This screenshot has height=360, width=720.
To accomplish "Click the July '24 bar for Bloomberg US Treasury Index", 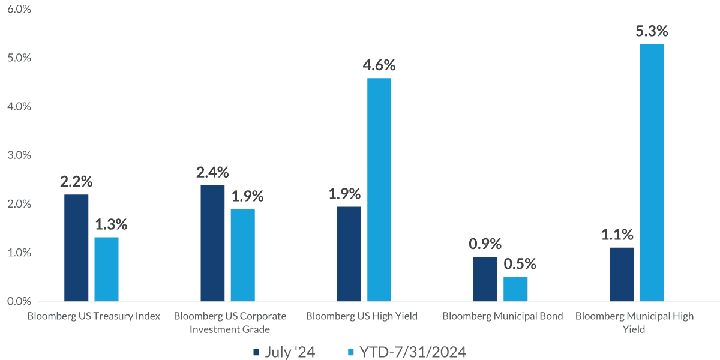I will click(x=76, y=247).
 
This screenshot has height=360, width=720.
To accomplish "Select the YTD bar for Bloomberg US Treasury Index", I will click(x=106, y=269).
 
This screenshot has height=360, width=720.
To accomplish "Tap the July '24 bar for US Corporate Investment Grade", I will click(x=212, y=243).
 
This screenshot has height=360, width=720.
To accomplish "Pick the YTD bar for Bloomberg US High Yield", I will click(x=379, y=190).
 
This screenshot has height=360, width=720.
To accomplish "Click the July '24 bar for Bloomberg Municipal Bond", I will click(x=485, y=279).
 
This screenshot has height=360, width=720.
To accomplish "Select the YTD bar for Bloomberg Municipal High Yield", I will click(x=652, y=172).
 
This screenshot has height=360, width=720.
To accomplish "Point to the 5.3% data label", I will click(x=652, y=31).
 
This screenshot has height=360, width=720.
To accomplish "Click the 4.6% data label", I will click(x=379, y=65).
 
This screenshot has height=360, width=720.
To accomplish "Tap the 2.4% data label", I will click(x=212, y=172).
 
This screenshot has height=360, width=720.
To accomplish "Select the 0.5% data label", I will click(x=515, y=264).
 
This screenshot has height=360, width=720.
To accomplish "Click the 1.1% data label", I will click(x=621, y=235).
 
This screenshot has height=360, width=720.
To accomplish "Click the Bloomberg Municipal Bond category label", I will click(x=503, y=316).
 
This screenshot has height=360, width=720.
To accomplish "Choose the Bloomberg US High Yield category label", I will click(x=361, y=316).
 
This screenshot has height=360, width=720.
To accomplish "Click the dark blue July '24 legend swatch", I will click(x=256, y=352).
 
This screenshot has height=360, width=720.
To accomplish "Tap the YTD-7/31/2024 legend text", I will click(x=413, y=352).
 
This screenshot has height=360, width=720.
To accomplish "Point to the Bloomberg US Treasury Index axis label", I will click(x=94, y=316).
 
